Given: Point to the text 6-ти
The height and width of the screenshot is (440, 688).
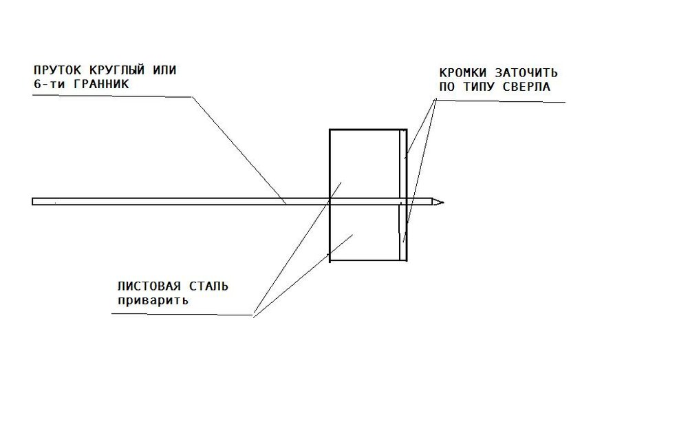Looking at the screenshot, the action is pos(49,84).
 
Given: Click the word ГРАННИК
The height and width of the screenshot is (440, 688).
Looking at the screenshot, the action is pos(101,84).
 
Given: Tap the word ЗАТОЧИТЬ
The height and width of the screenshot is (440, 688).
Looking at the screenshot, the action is pos(526,73).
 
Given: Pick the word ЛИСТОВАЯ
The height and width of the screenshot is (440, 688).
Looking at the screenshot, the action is pos(149,286).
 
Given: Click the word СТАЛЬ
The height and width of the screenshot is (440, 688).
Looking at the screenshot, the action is pos(209,286).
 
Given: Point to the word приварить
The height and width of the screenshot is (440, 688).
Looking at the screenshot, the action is pos(153,301).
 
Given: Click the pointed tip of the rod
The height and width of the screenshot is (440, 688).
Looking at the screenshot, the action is pos(444,202).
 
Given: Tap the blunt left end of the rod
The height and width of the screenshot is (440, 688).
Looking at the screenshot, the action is pos(32,202).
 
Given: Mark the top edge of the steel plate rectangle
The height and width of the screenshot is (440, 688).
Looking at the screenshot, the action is pos(368,129).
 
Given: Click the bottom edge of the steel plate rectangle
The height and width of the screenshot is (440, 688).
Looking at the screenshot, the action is pos(368,260).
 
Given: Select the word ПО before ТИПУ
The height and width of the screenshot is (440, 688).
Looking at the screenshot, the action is pos(447,87).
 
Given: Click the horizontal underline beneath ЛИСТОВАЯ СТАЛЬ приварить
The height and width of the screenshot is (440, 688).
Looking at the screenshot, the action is pos(182,315).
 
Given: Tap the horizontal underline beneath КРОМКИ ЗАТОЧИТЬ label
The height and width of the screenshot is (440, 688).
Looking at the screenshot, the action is pos(501,101).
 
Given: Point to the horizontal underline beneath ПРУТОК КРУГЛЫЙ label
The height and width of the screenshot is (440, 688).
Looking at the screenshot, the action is pos(113,96).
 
